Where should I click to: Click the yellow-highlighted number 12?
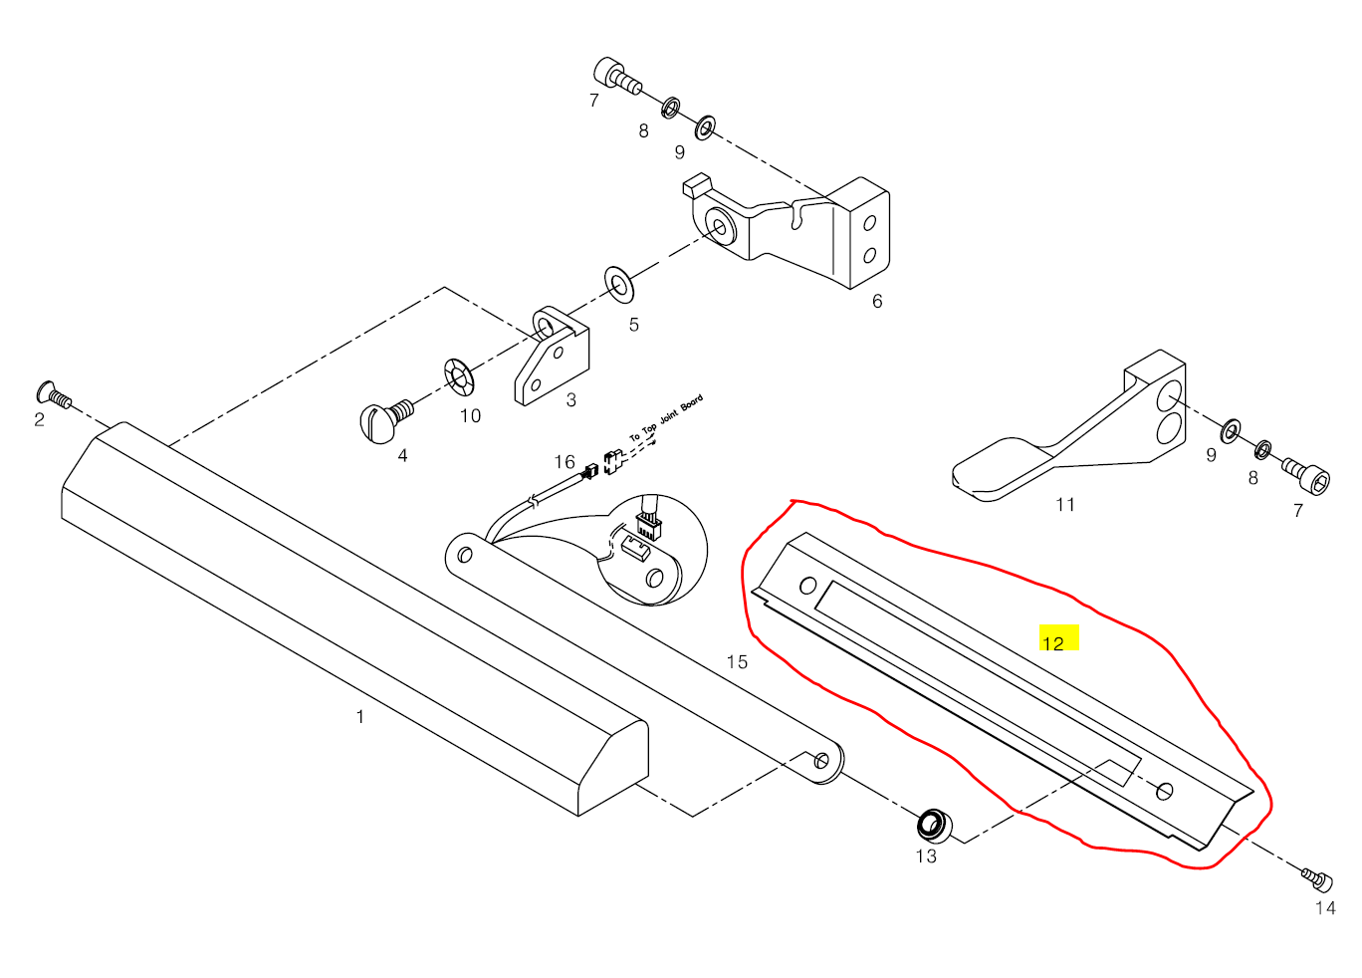tap(1053, 642)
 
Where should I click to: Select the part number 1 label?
tap(360, 717)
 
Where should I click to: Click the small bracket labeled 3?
tap(552, 359)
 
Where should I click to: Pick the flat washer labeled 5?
tap(618, 284)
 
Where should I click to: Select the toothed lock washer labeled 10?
tap(460, 377)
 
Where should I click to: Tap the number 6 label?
tap(877, 301)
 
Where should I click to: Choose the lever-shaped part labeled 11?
tap(1075, 438)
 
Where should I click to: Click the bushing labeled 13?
tap(933, 825)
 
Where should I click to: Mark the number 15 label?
tap(737, 662)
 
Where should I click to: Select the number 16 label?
tap(565, 462)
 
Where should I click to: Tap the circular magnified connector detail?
tap(649, 550)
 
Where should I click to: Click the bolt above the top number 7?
tap(614, 76)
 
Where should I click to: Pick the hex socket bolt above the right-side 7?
tap(1305, 476)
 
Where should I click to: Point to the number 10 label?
tap(470, 416)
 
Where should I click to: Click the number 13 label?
tap(926, 856)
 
